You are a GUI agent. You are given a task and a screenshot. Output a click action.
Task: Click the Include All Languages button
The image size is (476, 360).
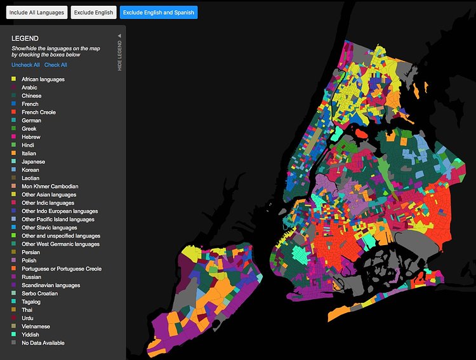(37, 12)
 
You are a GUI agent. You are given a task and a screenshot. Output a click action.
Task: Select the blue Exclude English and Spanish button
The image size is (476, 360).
(159, 12)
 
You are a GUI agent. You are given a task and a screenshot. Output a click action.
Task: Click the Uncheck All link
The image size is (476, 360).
(25, 65)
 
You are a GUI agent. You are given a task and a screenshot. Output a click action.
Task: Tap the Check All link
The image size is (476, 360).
(55, 65)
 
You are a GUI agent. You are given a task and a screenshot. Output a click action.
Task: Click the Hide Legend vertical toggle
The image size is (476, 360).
(119, 52)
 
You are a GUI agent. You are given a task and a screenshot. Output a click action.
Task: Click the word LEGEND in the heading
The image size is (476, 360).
(25, 39)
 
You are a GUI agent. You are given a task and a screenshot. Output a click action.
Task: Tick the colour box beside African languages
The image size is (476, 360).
(13, 79)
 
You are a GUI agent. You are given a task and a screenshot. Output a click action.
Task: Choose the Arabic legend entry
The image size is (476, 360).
(29, 88)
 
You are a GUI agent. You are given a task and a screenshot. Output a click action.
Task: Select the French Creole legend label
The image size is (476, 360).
(39, 112)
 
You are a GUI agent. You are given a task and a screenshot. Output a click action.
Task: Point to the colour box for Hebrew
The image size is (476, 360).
(13, 137)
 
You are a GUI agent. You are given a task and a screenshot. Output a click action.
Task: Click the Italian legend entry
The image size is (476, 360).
(29, 154)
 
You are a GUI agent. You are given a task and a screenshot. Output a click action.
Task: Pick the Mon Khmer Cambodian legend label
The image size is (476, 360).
(50, 187)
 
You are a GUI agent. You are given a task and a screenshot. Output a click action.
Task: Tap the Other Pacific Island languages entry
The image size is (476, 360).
(58, 220)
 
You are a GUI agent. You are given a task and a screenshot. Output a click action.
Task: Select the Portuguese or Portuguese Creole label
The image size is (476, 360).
(62, 269)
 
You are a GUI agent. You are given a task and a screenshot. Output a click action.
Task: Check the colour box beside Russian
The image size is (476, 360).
(13, 277)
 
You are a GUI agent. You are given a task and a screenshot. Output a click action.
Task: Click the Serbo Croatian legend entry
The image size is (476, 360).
(39, 293)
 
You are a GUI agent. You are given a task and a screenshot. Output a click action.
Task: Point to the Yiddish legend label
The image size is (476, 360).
(30, 335)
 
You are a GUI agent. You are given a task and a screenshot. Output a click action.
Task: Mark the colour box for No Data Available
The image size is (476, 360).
(13, 343)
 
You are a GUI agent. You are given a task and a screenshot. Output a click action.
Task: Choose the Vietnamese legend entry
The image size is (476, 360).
(36, 326)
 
